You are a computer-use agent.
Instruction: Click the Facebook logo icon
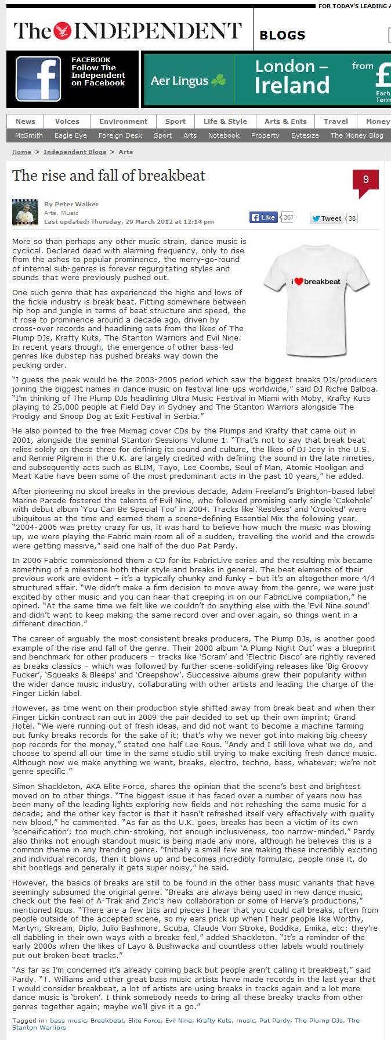point(38,79)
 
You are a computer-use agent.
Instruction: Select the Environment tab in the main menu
point(123,121)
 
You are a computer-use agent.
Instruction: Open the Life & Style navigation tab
point(225,121)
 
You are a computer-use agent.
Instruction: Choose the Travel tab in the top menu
point(336,121)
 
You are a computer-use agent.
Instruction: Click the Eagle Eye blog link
point(71,135)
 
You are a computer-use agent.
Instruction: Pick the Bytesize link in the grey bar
point(305,135)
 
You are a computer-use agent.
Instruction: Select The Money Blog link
point(357,135)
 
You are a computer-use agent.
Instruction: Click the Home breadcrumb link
point(21,152)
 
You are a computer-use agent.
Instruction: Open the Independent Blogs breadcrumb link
point(75,152)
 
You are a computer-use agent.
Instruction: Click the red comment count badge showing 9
point(365,180)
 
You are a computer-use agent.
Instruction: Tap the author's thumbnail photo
point(26,212)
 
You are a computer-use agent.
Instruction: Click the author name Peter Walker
point(76,204)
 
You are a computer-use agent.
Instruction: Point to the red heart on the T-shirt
point(298,282)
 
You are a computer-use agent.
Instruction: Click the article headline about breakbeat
point(109,175)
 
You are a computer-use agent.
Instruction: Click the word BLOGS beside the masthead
point(283,35)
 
